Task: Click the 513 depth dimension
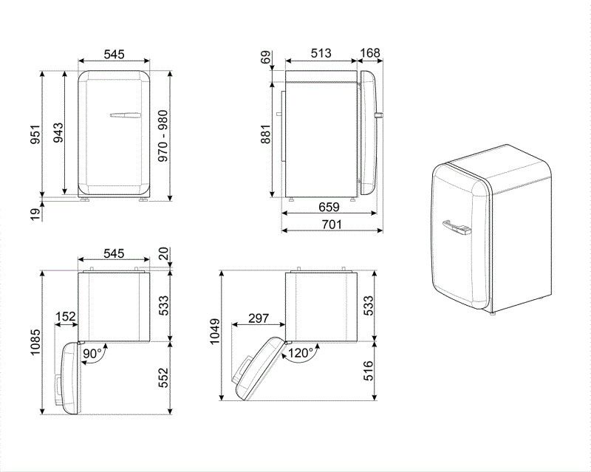(320, 54)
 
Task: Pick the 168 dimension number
(369, 54)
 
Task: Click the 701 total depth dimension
(330, 225)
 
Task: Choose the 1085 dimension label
(35, 340)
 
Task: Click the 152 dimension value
(66, 317)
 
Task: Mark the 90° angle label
(92, 353)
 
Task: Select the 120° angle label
(298, 353)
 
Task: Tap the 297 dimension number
(258, 318)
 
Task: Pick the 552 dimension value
(163, 377)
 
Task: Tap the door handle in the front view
(124, 114)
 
